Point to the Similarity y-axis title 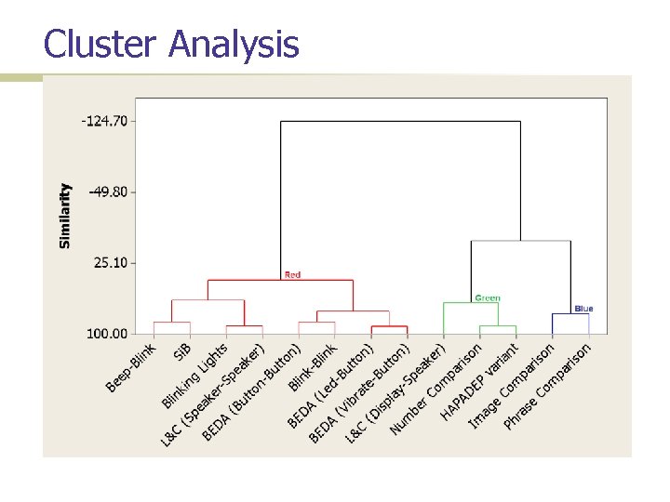tap(65, 215)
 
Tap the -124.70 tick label tap(105, 121)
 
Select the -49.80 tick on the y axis tap(108, 192)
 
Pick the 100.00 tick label tap(109, 333)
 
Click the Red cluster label tap(292, 275)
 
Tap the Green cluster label tap(487, 298)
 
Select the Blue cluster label tap(583, 309)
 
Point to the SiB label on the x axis tap(182, 352)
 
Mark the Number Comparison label tap(435, 390)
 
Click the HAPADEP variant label tap(479, 381)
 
